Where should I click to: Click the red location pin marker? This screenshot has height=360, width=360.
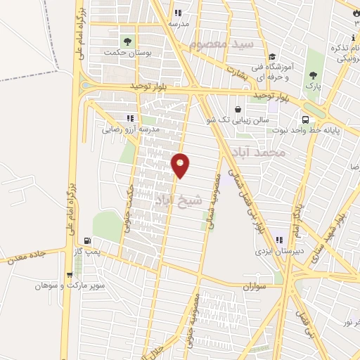[x=181, y=165]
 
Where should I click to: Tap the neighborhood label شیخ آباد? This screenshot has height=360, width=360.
[x=179, y=199]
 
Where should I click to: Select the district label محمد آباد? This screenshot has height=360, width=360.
[x=260, y=152]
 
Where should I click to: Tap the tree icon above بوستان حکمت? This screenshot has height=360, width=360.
[x=128, y=39]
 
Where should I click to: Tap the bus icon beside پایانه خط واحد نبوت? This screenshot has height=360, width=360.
[x=306, y=120]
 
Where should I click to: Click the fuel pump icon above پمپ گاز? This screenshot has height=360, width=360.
[x=86, y=240]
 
